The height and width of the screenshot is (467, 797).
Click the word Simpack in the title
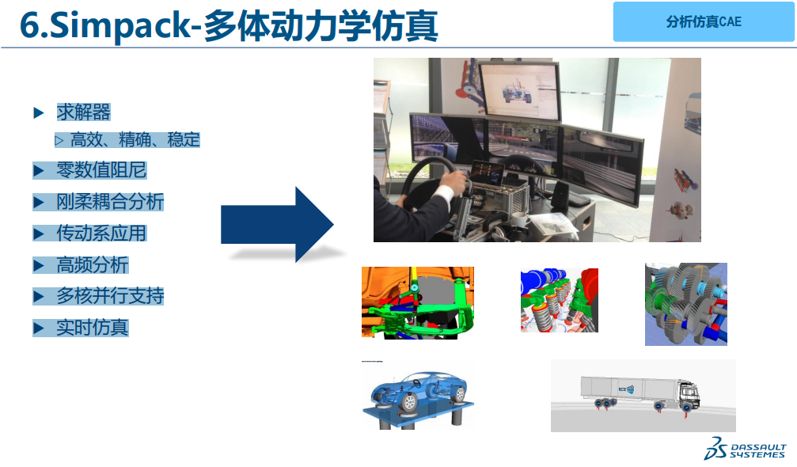point(120,25)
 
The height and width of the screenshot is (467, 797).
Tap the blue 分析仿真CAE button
point(704,21)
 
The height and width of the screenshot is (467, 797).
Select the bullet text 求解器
point(83,112)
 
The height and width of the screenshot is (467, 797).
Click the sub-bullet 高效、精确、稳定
point(135,139)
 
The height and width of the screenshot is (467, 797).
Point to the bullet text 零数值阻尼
point(101,169)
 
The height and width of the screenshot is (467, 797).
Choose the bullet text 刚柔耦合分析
point(110,202)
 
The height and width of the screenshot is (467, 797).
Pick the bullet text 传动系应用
point(101,233)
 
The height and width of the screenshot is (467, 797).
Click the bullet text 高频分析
point(93,264)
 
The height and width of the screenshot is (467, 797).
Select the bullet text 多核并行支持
point(110,296)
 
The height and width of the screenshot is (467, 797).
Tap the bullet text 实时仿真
point(93,328)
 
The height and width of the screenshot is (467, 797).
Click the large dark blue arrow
point(277,224)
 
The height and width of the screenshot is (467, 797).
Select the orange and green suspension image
point(417,303)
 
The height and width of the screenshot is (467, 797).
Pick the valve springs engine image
point(559,300)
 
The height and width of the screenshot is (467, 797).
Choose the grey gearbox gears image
point(686,305)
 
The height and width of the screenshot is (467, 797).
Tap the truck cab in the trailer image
point(689,394)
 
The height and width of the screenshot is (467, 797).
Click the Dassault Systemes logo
point(745,448)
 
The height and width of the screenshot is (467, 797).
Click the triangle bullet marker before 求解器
point(39,112)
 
